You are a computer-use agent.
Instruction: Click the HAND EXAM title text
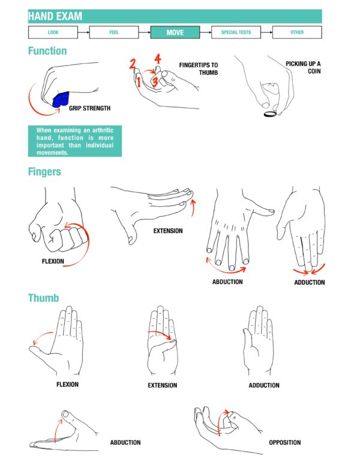click(x=55, y=16)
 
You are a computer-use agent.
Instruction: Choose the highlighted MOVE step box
click(x=175, y=32)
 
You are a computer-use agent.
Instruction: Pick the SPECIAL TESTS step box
click(x=236, y=32)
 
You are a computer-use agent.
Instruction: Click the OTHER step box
click(x=297, y=32)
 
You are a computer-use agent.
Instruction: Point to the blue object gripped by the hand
click(x=61, y=100)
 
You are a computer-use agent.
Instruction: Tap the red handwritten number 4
click(x=157, y=59)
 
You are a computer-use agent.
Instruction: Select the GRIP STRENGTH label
click(x=89, y=109)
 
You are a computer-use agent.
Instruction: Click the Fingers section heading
click(x=44, y=172)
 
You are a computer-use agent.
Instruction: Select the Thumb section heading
click(x=43, y=298)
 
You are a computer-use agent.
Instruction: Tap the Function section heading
click(x=47, y=52)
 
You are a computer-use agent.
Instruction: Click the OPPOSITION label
click(x=285, y=443)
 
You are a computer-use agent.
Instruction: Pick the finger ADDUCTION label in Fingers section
click(x=309, y=282)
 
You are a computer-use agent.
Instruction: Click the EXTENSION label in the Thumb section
click(x=163, y=385)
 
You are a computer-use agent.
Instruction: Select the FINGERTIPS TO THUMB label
click(x=199, y=68)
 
